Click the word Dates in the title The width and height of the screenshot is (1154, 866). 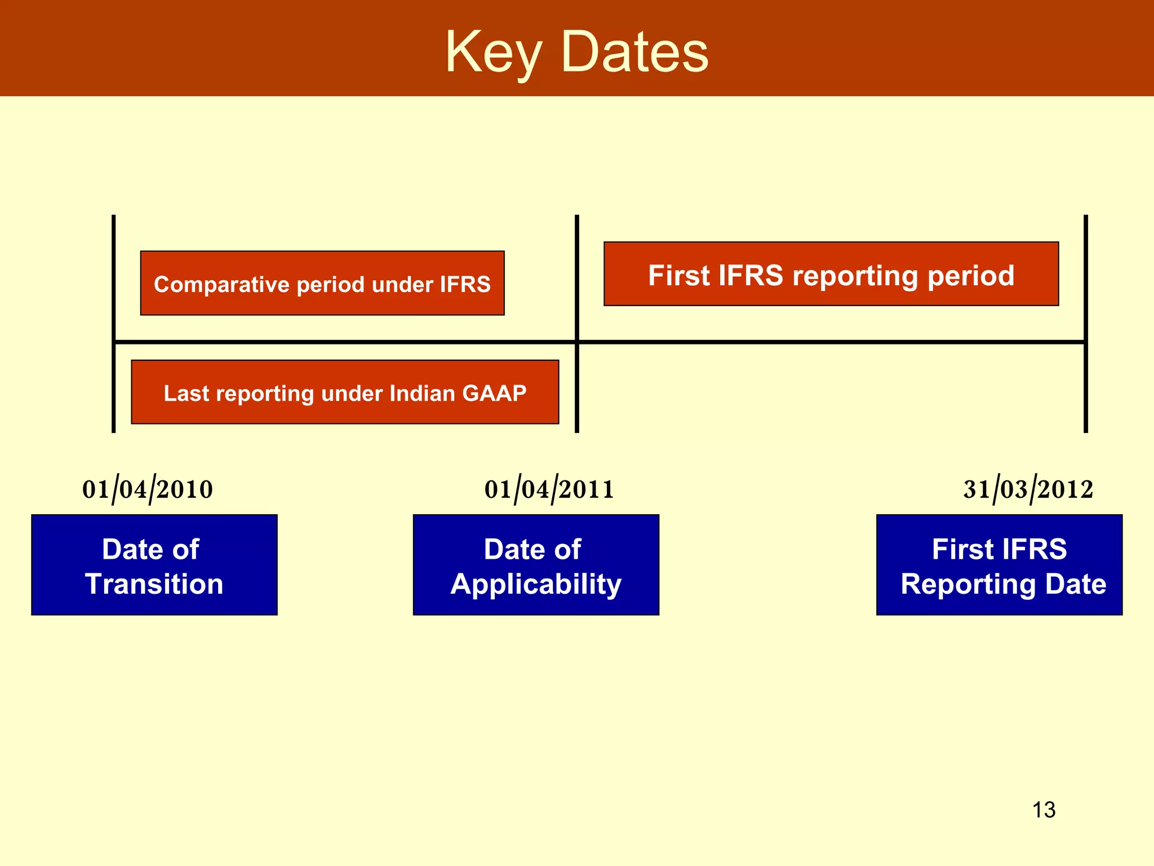pyautogui.click(x=635, y=52)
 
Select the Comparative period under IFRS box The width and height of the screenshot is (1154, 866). pyautogui.click(x=322, y=283)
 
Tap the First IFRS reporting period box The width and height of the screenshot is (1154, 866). pyautogui.click(x=831, y=275)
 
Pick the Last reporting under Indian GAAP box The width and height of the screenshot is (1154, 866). pyautogui.click(x=345, y=392)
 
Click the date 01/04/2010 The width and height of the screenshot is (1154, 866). pyautogui.click(x=148, y=489)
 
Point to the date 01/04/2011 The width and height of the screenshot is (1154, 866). pyautogui.click(x=549, y=489)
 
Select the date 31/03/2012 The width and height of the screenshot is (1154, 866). pyautogui.click(x=1028, y=489)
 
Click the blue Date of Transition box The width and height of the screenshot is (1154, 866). pyautogui.click(x=154, y=564)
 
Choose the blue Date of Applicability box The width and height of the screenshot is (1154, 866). pyautogui.click(x=536, y=564)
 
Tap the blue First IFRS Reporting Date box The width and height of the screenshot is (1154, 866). pyautogui.click(x=999, y=564)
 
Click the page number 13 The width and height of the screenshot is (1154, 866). pyautogui.click(x=1044, y=810)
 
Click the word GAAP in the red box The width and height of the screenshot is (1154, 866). pyautogui.click(x=494, y=393)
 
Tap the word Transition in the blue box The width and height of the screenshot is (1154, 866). pyautogui.click(x=154, y=584)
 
